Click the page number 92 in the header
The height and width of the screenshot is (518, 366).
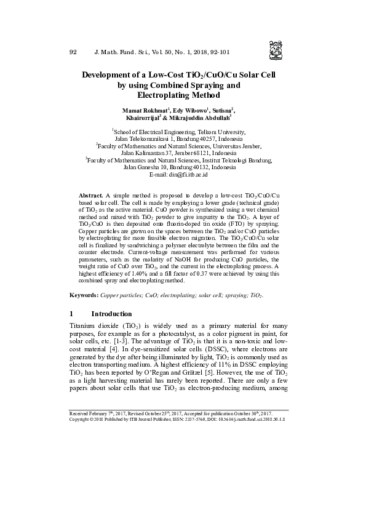(x=74, y=52)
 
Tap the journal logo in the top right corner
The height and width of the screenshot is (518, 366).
(x=276, y=47)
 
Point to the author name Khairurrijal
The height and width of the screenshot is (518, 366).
(x=143, y=118)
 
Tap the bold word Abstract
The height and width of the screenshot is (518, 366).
(x=91, y=194)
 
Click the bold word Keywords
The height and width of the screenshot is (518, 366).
(x=84, y=296)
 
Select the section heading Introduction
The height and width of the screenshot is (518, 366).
(x=111, y=314)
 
